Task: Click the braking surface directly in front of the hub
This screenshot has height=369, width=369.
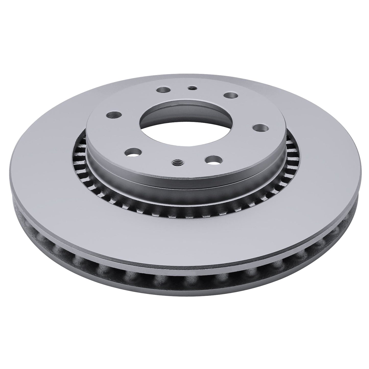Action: [x=184, y=230]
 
